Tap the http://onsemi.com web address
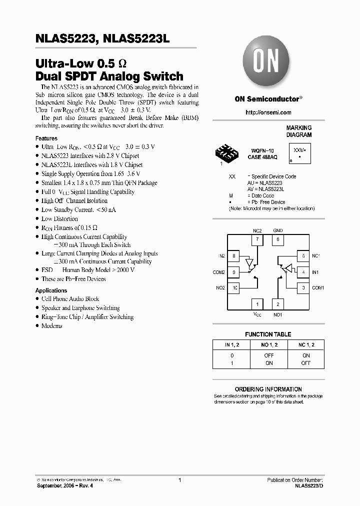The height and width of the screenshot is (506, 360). click(x=268, y=112)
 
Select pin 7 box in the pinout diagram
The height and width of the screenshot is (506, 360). click(x=257, y=239)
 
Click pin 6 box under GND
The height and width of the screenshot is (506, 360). click(x=277, y=239)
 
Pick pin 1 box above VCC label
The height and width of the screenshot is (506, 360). click(x=257, y=304)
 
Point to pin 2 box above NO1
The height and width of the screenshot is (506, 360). click(x=277, y=304)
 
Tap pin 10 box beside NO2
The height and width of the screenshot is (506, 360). click(x=234, y=288)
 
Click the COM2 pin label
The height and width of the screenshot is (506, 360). click(x=219, y=272)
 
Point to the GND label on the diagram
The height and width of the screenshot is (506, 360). click(x=277, y=231)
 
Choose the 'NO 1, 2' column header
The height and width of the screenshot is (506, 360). click(x=269, y=345)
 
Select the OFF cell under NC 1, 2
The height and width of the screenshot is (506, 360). click(x=306, y=363)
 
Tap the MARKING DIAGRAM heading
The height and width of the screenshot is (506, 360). click(x=299, y=131)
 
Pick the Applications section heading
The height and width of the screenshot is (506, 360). click(x=51, y=290)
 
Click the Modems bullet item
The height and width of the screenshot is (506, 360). click(x=52, y=326)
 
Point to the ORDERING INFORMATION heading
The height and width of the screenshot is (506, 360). click(x=268, y=389)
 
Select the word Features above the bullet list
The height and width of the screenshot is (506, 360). click(x=46, y=138)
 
